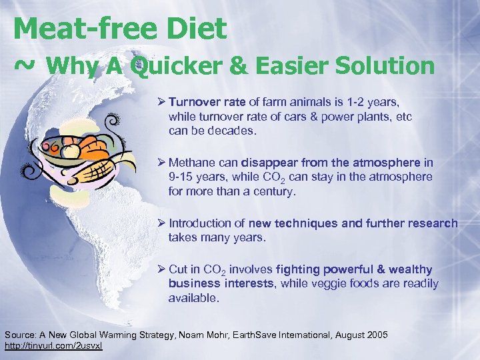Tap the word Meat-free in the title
click(x=80, y=28)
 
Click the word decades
click(x=231, y=131)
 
